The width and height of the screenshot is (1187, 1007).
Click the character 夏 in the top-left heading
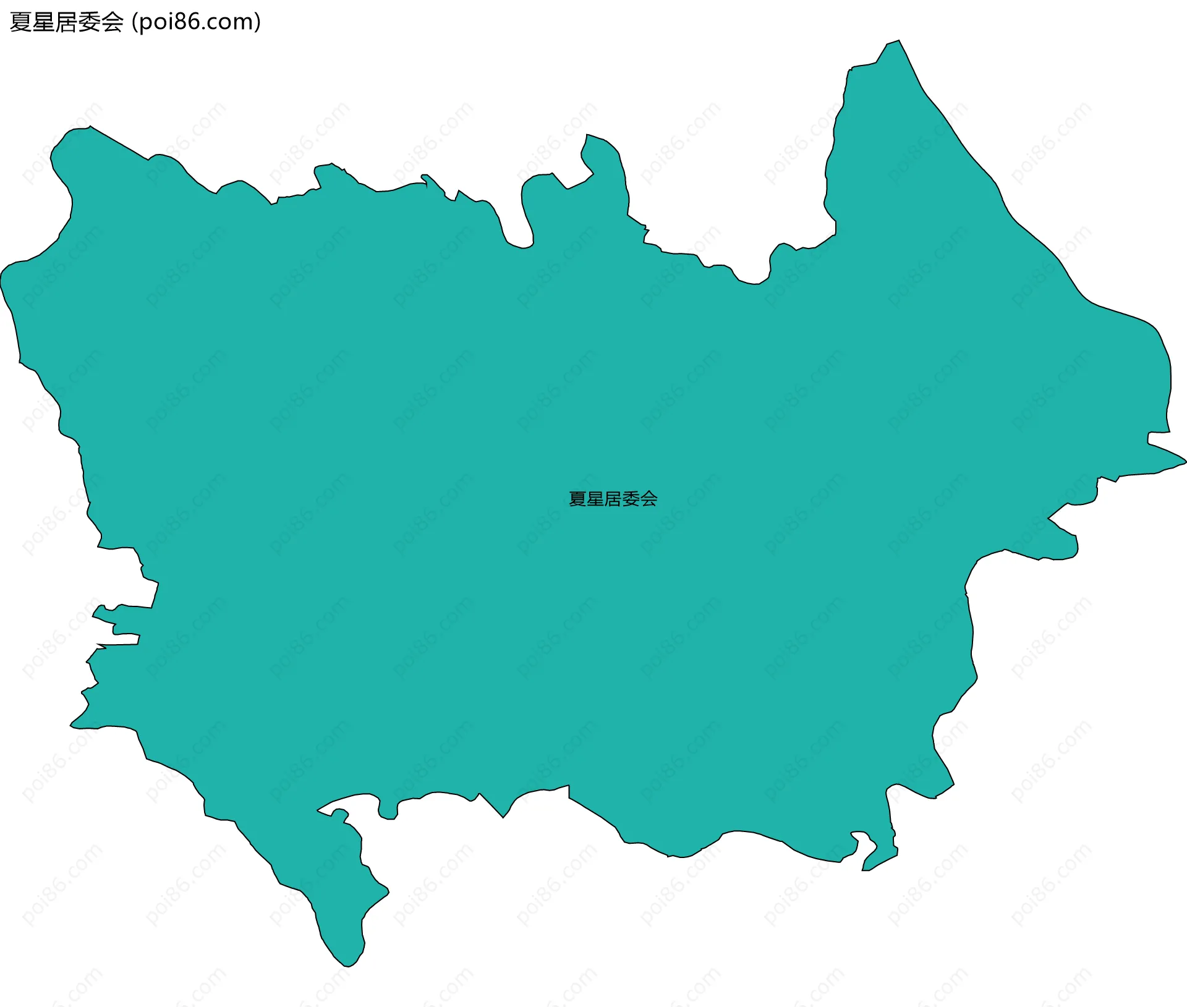pyautogui.click(x=21, y=22)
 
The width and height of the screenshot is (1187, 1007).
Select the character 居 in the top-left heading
pyautogui.click(x=67, y=22)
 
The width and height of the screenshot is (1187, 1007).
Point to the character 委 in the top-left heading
pyautogui.click(x=90, y=22)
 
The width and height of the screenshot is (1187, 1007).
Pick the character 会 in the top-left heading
pyautogui.click(x=113, y=22)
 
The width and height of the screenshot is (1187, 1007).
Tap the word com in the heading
pyautogui.click(x=231, y=22)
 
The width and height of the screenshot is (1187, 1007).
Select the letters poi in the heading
pyautogui.click(x=155, y=22)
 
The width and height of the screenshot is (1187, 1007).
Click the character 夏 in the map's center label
pyautogui.click(x=577, y=499)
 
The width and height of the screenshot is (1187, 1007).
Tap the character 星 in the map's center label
pyautogui.click(x=595, y=499)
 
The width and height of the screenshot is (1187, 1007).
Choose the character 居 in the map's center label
pyautogui.click(x=613, y=499)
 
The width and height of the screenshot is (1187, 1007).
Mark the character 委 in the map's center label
pyautogui.click(x=631, y=499)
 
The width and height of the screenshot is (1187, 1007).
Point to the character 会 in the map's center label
pyautogui.click(x=649, y=499)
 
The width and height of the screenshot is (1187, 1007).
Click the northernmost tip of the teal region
pyautogui.click(x=898, y=41)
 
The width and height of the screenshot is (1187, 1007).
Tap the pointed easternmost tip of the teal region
pyautogui.click(x=1185, y=461)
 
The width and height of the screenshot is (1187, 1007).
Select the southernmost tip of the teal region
pyautogui.click(x=348, y=966)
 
